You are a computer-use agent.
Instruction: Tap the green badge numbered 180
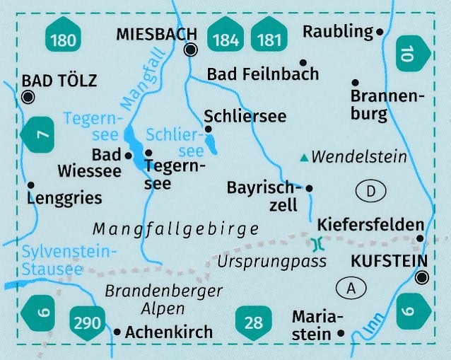[x=63, y=39]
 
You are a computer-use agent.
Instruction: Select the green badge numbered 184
[x=225, y=39]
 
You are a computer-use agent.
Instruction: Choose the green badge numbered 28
[x=252, y=323]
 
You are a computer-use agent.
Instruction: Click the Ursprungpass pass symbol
[x=316, y=244]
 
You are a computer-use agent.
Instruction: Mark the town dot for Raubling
[x=380, y=32]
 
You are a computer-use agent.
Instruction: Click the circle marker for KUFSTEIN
[x=422, y=278]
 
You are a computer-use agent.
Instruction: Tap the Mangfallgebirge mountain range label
[x=175, y=228]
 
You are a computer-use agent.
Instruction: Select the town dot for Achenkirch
[x=117, y=331]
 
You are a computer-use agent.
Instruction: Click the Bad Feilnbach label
[x=263, y=74]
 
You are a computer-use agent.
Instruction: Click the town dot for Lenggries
[x=31, y=185]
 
